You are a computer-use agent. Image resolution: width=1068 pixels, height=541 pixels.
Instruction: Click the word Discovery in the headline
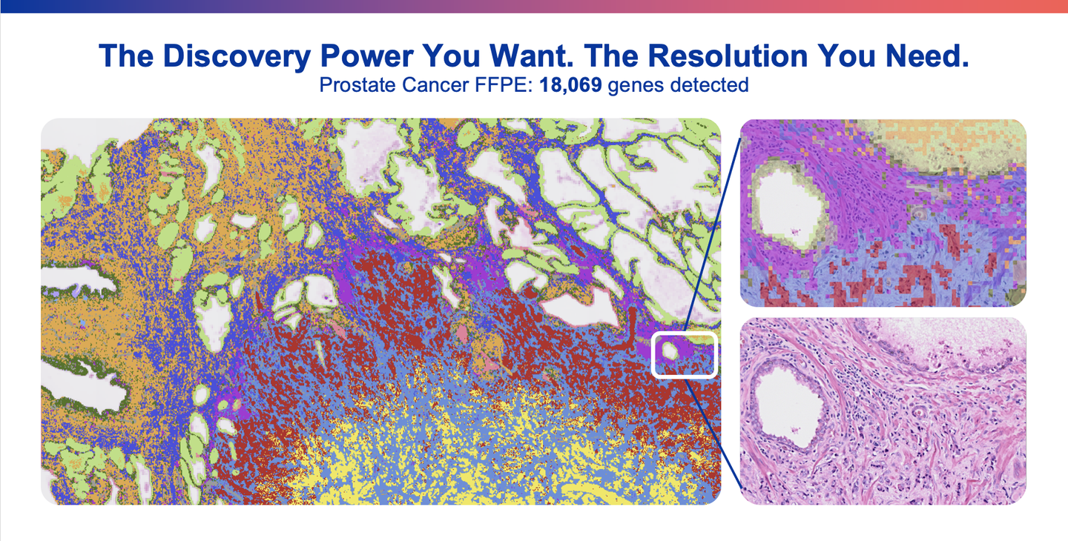pyautogui.click(x=237, y=56)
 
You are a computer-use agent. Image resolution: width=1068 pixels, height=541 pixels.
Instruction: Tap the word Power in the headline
pyautogui.click(x=366, y=56)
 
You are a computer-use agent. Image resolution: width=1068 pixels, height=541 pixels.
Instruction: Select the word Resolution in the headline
pyautogui.click(x=728, y=56)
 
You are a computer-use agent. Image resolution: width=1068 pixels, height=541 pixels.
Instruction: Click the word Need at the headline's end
pyautogui.click(x=927, y=56)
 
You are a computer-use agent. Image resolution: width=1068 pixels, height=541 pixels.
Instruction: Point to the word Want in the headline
pyautogui.click(x=531, y=56)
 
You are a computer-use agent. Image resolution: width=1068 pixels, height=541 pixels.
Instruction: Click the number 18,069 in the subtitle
pyautogui.click(x=570, y=85)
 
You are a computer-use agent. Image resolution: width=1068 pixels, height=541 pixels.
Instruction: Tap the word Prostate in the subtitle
pyautogui.click(x=357, y=85)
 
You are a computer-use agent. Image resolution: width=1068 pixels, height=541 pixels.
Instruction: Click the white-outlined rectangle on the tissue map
pyautogui.click(x=653, y=355)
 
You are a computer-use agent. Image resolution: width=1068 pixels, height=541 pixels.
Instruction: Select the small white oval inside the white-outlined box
pyautogui.click(x=670, y=351)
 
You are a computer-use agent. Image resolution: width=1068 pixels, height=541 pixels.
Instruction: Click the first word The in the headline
pyautogui.click(x=126, y=56)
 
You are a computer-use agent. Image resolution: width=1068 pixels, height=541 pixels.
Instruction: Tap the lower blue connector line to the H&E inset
pyautogui.click(x=712, y=433)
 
